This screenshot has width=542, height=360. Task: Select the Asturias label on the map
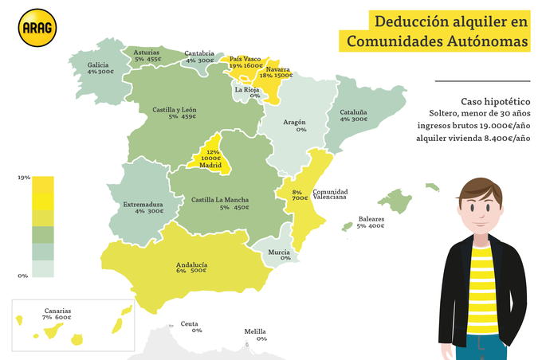point(146,51)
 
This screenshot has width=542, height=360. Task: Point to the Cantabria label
point(199,53)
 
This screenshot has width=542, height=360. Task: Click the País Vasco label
point(246,58)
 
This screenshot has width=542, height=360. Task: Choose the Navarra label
point(278,69)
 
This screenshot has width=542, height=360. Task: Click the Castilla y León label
point(175,109)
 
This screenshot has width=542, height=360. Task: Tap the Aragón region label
point(295,122)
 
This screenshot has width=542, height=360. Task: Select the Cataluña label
point(353,112)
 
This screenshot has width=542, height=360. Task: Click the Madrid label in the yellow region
point(210,165)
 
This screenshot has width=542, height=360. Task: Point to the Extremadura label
point(143,204)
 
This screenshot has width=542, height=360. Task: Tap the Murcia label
point(279,252)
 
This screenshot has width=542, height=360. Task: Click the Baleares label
point(371,218)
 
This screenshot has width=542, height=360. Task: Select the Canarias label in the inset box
point(57,311)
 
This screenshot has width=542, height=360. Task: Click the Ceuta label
point(190,323)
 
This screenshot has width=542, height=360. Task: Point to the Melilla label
point(255,331)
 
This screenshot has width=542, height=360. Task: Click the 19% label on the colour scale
point(24,178)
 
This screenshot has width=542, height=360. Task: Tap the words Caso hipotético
point(495,102)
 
